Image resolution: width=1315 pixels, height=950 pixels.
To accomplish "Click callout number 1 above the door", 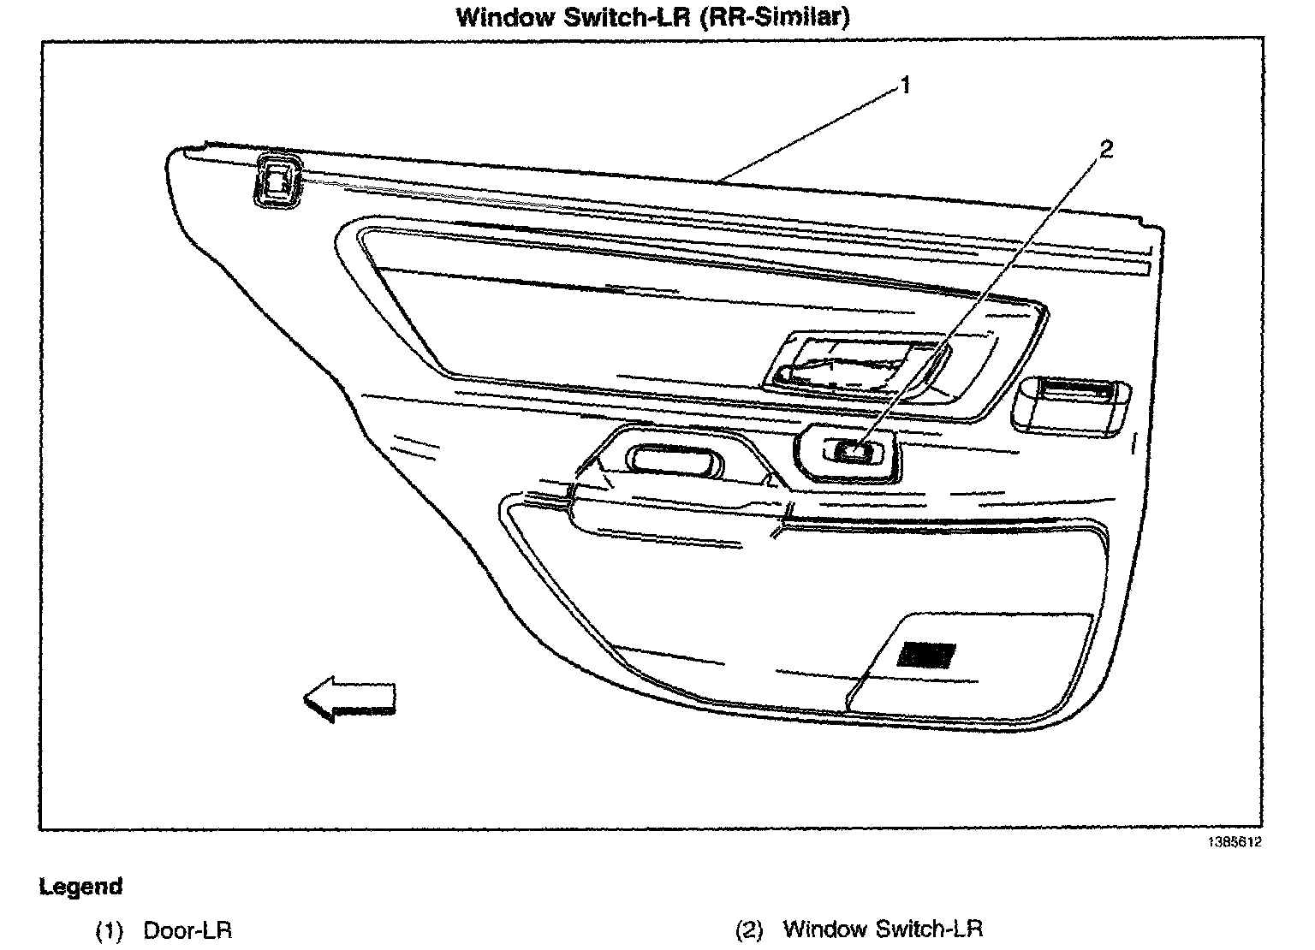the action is pos(905,86).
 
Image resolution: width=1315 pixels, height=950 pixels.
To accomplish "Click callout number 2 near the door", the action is pos(1106,150).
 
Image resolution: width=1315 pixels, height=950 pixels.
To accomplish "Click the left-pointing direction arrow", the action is pos(349,699).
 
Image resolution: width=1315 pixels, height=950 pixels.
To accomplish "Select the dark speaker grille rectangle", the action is pos(926,655).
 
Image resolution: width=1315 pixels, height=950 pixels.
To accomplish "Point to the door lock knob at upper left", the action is pos(277,182).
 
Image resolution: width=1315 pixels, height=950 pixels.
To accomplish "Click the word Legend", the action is pos(81,886).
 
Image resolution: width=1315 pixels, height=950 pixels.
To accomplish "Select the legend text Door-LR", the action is pos(187,930).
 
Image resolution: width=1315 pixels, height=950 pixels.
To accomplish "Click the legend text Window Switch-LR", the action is pos(883,929).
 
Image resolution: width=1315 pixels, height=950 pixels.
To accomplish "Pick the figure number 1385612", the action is pos(1235,842).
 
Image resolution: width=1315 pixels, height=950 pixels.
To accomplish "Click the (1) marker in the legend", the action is pos(110,931).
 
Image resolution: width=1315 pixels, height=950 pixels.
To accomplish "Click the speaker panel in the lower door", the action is pos(967,663).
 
